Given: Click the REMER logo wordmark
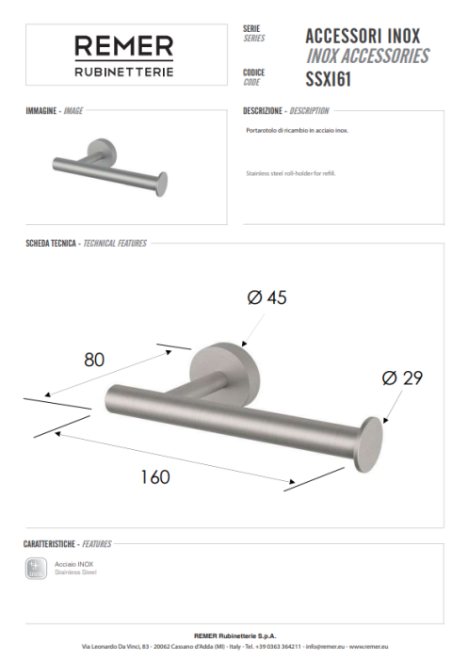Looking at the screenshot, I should (x=124, y=46).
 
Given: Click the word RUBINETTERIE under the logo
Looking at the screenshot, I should (x=124, y=72).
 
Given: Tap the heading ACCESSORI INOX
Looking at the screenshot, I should (x=363, y=36).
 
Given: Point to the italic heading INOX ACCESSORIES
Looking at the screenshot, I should (x=367, y=56).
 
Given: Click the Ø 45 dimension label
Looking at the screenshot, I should (x=266, y=297).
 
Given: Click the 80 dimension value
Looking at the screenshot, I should (x=94, y=359).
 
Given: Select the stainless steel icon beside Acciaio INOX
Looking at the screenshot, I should (x=37, y=568).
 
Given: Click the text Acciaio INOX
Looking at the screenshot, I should (x=73, y=564).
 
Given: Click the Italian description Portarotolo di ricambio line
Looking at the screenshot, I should (x=297, y=131).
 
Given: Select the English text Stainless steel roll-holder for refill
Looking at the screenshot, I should (x=290, y=174).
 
